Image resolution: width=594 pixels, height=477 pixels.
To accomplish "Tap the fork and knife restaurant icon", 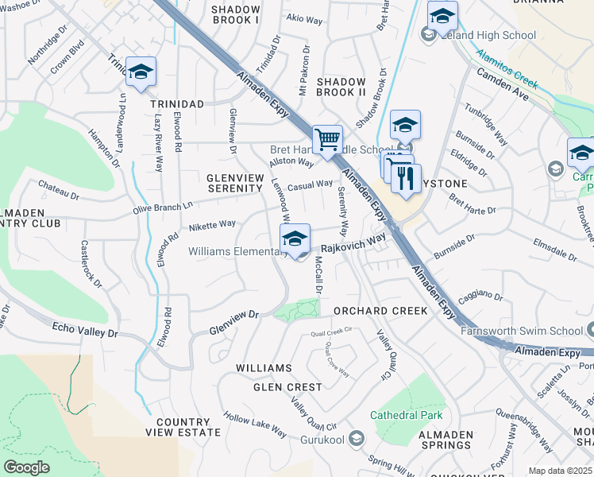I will [406, 180].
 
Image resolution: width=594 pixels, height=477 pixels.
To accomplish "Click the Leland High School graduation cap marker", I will [442, 16].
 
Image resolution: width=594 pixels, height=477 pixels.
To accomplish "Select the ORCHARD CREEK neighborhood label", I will [380, 311].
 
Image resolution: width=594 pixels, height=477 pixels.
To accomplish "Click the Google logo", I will [26, 467].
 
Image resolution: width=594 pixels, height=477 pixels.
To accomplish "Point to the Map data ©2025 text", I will [560, 471].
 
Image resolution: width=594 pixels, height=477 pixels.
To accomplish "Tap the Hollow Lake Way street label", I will [254, 425].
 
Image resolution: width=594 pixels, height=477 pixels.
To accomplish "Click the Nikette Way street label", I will [212, 226].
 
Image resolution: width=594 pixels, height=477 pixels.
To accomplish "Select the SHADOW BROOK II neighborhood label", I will [341, 87].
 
